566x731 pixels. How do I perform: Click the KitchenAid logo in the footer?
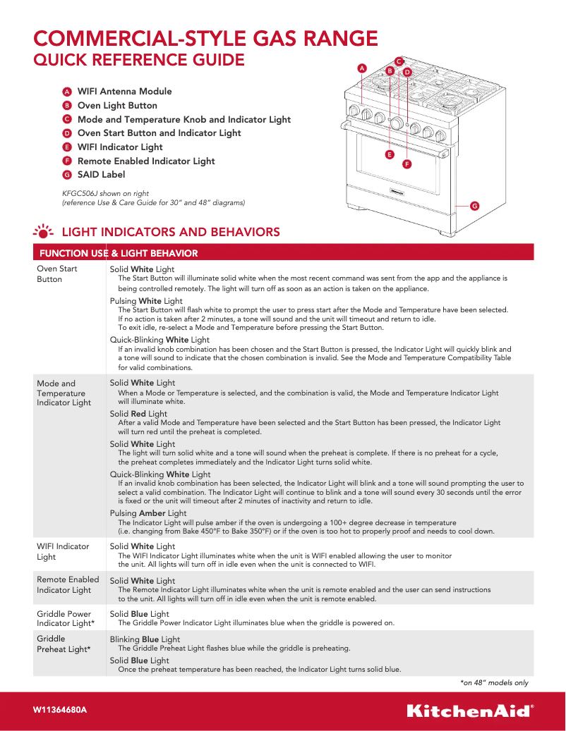[x=469, y=710]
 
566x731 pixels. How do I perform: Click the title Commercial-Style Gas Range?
[x=206, y=37]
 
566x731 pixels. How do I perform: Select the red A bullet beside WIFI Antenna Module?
[x=66, y=92]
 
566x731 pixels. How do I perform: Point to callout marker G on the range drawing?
[x=474, y=206]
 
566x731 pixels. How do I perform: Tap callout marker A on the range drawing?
[x=362, y=68]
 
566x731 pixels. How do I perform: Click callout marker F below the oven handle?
[x=407, y=164]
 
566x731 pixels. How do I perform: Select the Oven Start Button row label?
[x=57, y=274]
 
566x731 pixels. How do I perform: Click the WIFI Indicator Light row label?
[x=63, y=551]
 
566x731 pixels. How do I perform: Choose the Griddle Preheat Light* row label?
[x=64, y=644]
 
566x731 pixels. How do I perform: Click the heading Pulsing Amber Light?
[x=148, y=513]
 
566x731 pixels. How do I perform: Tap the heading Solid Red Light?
[x=138, y=414]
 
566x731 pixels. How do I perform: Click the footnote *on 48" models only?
[x=494, y=682]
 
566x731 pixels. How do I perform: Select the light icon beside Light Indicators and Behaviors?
[x=43, y=232]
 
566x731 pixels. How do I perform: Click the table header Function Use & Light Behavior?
[x=119, y=253]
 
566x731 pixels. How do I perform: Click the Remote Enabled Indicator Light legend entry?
[x=145, y=161]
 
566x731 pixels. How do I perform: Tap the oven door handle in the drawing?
[x=395, y=137]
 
